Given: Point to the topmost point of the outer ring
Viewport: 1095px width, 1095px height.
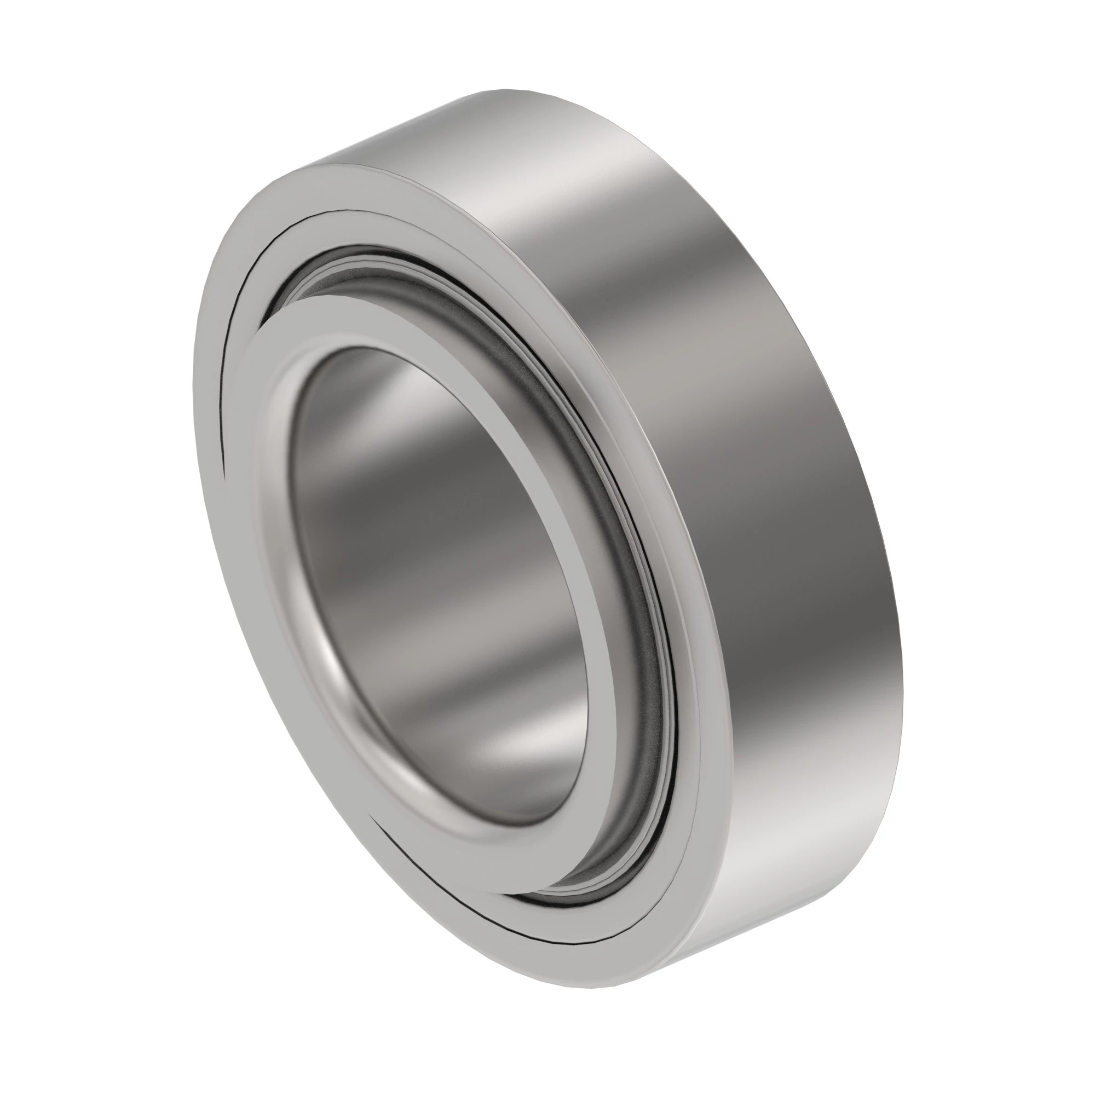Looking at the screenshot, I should click(499, 91).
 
